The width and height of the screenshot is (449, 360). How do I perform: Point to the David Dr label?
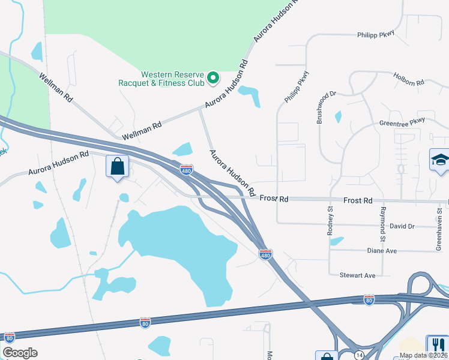[x=402, y=226]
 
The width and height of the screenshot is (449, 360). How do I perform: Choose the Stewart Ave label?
[x=357, y=275]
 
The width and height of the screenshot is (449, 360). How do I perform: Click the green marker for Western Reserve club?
[x=212, y=77]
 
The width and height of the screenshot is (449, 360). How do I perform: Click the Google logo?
[x=20, y=353]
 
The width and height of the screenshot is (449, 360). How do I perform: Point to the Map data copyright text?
[x=423, y=355]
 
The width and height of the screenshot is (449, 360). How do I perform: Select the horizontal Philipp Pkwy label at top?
[x=376, y=35]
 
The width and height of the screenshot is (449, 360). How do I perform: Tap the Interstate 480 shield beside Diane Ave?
[x=265, y=255]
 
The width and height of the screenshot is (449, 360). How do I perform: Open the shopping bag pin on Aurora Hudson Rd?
[x=117, y=166]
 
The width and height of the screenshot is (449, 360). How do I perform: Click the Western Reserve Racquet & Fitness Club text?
[x=173, y=78]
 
